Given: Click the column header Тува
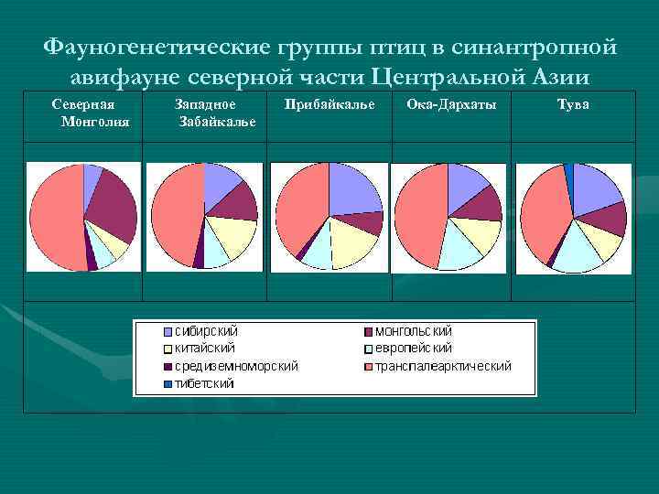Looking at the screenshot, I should [x=573, y=105].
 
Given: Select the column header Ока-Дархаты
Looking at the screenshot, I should [x=451, y=105].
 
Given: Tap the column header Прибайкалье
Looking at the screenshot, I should [x=329, y=105].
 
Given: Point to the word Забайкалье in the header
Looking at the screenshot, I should [x=218, y=122].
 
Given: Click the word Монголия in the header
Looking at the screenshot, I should [x=94, y=122].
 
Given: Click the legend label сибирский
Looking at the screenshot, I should [x=207, y=331].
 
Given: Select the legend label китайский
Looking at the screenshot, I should [x=205, y=349].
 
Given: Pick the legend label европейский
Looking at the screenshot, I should [x=414, y=349].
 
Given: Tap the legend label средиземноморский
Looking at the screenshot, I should [x=236, y=366].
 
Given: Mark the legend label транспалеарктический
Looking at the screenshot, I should [x=444, y=366].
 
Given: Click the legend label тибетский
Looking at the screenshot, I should [x=204, y=383].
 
